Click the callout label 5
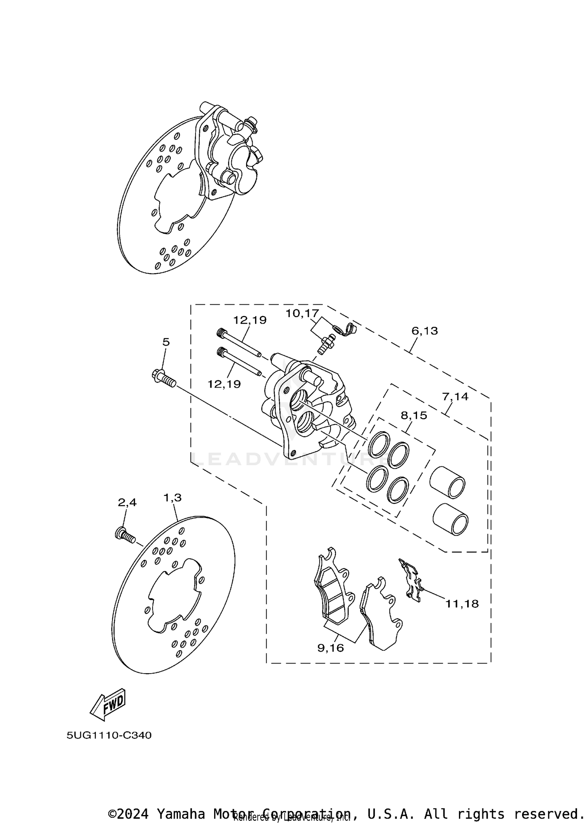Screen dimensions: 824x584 point(166,342)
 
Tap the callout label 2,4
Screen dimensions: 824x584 point(127,503)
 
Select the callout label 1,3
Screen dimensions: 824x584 point(172,498)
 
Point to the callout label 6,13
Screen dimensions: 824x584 point(425,331)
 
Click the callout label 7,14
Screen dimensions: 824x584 point(455,397)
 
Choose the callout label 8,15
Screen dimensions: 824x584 point(414,415)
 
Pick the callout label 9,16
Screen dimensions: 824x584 point(331,648)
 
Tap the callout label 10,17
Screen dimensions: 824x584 point(302,313)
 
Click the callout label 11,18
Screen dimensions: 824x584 point(462,604)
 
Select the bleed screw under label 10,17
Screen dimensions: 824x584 point(325,343)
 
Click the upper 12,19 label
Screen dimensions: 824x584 point(250,320)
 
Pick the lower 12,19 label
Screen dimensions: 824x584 point(224,384)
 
